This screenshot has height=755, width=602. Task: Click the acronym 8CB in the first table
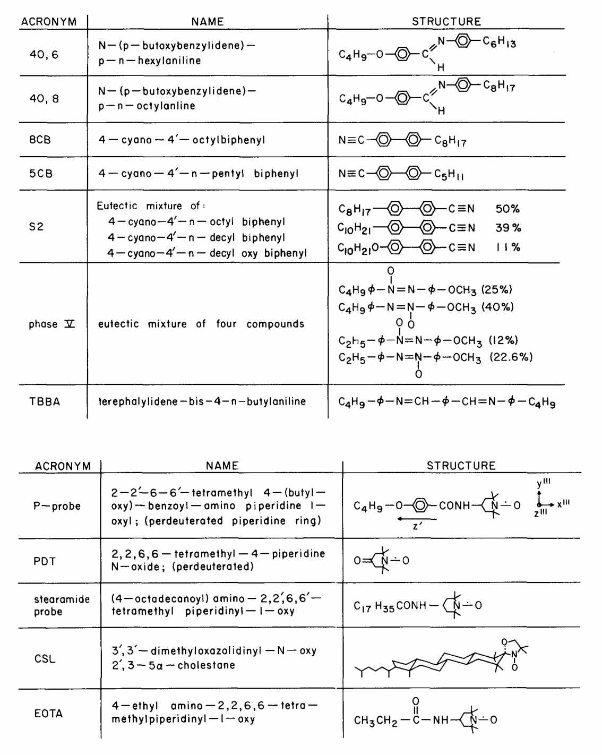tap(40, 141)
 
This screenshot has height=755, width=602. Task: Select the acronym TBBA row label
tap(45, 402)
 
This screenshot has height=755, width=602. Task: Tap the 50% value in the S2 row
tap(507, 209)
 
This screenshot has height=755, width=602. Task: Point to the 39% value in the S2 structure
tap(508, 228)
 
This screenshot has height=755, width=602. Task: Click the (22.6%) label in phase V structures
tap(511, 357)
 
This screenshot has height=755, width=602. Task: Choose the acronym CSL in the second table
tap(45, 659)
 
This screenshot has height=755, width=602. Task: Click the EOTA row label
tap(48, 714)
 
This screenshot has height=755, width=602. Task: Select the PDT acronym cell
tap(45, 561)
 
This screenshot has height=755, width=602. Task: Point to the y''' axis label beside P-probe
tap(543, 483)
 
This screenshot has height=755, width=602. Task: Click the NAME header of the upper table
tap(208, 22)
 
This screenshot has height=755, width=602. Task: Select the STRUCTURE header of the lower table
tap(461, 466)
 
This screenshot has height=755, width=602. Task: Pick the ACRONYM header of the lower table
tap(63, 466)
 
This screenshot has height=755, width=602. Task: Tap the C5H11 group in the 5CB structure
tap(449, 175)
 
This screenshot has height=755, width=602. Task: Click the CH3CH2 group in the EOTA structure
tap(375, 721)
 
